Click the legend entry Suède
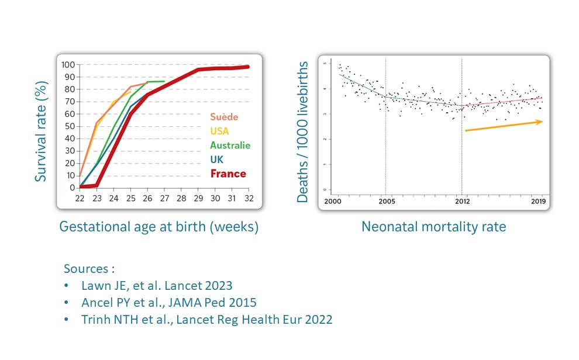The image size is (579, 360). point(225,117)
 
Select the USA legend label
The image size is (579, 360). point(220,131)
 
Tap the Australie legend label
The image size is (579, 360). point(230,145)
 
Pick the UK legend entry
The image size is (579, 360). point(217,159)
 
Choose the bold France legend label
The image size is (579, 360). point(228,174)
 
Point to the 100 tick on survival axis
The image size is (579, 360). point(68,65)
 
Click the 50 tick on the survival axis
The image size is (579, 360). point(70,126)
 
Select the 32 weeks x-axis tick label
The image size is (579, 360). point(248,199)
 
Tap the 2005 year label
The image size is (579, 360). point(385,202)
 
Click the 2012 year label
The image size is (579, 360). point(461,202)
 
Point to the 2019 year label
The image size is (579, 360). point(537,202)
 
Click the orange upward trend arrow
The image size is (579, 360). point(504,126)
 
